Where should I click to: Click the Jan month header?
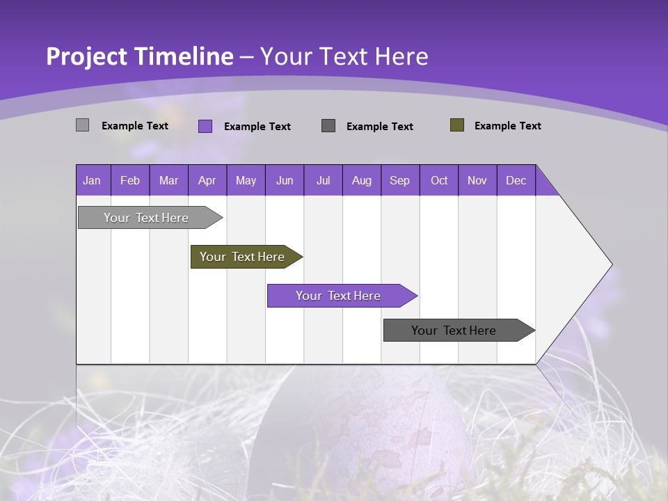[x=92, y=180]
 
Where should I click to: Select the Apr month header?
[x=207, y=180]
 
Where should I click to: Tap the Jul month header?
[x=323, y=180]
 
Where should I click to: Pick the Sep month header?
[x=399, y=180]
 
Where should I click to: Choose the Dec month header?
[x=516, y=180]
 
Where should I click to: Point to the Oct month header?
[x=439, y=180]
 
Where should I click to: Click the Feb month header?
[x=130, y=180]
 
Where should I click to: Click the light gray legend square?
[x=83, y=125]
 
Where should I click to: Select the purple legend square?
[x=205, y=126]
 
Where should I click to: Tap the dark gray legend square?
[x=328, y=126]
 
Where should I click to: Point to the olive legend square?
[x=457, y=125]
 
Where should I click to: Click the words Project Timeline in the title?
[x=140, y=56]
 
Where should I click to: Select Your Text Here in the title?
[x=344, y=56]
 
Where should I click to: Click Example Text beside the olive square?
[x=507, y=126]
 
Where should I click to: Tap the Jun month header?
[x=284, y=180]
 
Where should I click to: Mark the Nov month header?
[x=477, y=180]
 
